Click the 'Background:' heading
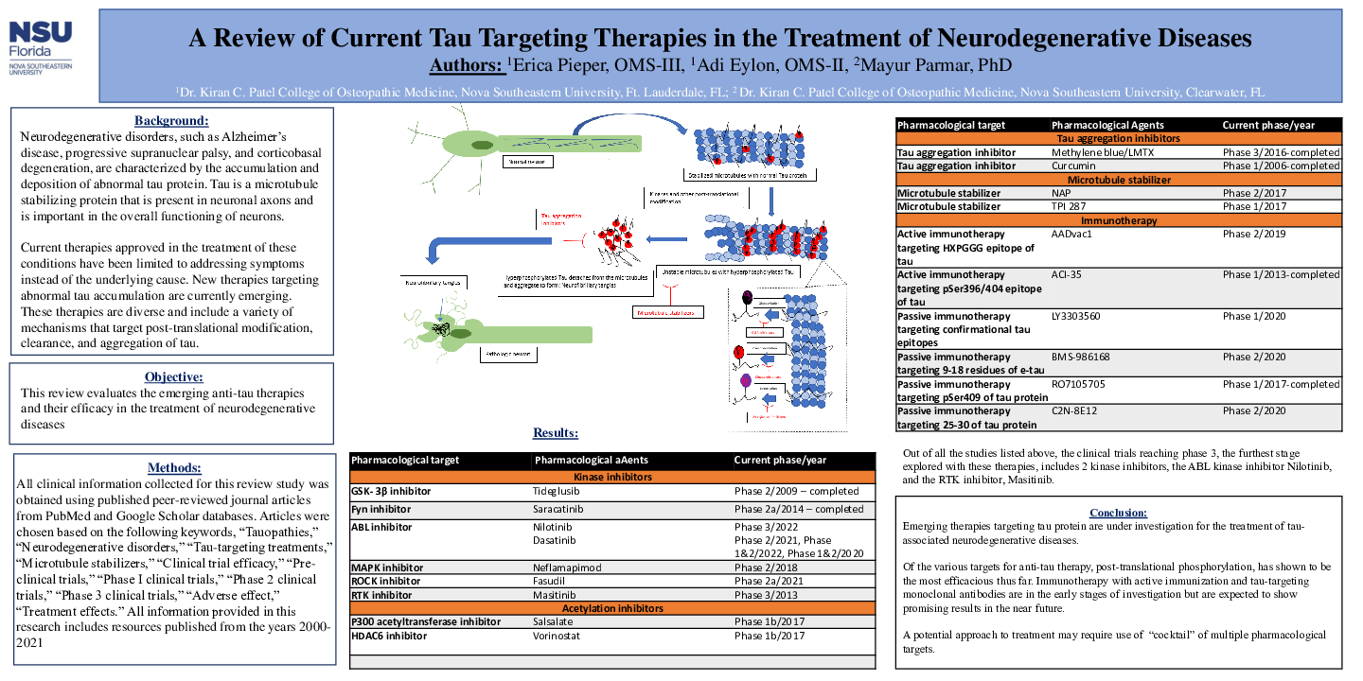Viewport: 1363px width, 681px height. pyautogui.click(x=171, y=121)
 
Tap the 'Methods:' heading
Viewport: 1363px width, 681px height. pyautogui.click(x=174, y=468)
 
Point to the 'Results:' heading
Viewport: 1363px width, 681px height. pyautogui.click(x=555, y=433)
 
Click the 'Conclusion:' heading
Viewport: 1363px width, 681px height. pyautogui.click(x=1118, y=512)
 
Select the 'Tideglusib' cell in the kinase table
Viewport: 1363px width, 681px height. pyautogui.click(x=556, y=492)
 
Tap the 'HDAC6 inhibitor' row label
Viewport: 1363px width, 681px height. pyautogui.click(x=388, y=637)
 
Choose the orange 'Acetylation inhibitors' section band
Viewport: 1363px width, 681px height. pyautogui.click(x=612, y=608)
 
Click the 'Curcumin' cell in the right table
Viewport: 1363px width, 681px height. pyautogui.click(x=1073, y=166)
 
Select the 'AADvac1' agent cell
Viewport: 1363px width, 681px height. pyautogui.click(x=1071, y=234)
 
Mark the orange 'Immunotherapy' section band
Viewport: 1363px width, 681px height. pyautogui.click(x=1119, y=220)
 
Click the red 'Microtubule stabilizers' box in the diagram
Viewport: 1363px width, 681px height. pyautogui.click(x=668, y=311)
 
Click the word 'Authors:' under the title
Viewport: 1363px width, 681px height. pyautogui.click(x=465, y=65)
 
